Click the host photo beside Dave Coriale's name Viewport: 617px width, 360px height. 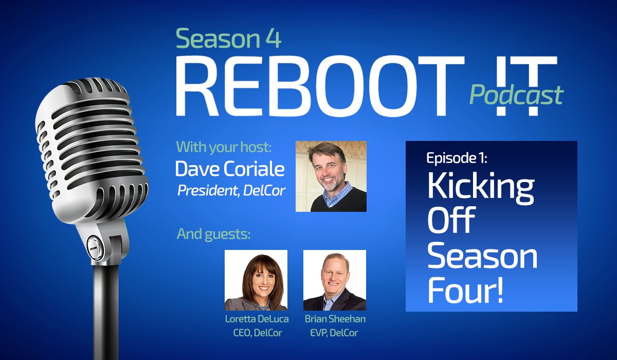(331, 176)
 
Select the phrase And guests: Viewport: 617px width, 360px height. (214, 234)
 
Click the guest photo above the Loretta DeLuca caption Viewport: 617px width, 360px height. (256, 280)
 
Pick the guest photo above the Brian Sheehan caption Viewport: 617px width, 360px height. (335, 280)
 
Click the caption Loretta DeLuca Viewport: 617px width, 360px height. (257, 319)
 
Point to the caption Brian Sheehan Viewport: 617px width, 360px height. (335, 319)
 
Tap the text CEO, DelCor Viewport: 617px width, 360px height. (257, 332)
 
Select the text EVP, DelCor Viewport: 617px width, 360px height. (335, 332)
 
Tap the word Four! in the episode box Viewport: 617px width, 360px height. (466, 291)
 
